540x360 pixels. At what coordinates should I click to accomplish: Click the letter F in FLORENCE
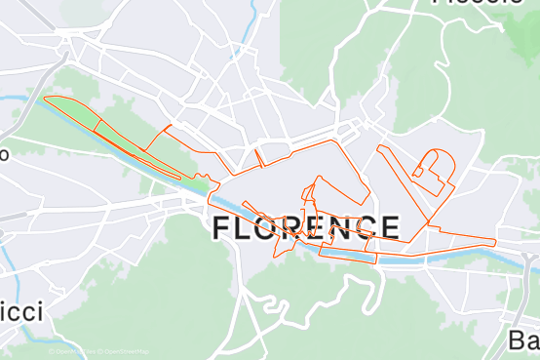click(x=221, y=229)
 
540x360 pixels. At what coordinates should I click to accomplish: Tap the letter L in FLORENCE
click(x=248, y=229)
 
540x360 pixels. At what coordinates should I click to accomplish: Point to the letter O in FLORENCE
click(x=274, y=229)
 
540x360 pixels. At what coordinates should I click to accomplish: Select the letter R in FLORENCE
click(x=301, y=229)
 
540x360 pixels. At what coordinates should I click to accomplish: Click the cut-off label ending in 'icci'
click(x=21, y=312)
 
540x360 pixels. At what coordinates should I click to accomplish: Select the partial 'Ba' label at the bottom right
click(x=523, y=340)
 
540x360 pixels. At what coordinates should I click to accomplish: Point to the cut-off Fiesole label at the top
click(x=477, y=4)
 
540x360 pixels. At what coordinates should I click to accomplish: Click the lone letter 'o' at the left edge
click(x=4, y=154)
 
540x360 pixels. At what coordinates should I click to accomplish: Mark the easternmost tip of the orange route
click(x=496, y=241)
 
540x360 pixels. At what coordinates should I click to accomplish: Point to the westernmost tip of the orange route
click(x=44, y=100)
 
